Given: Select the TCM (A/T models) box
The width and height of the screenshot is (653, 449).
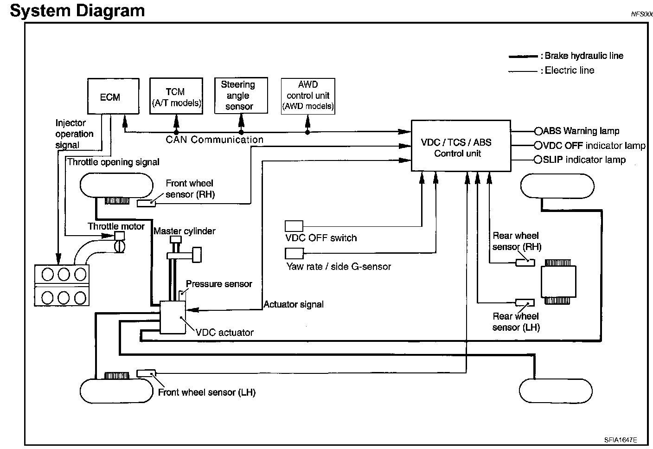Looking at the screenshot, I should pos(176,96).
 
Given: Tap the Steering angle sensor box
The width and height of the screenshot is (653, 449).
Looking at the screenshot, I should pos(241,96).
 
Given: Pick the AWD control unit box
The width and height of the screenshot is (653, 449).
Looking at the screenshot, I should pos(308,96).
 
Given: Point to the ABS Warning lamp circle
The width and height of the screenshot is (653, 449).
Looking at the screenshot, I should pos(538,131).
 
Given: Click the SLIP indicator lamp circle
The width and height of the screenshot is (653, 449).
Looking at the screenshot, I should pos(538,160).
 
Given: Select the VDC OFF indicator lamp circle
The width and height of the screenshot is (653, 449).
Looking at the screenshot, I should pos(538,146).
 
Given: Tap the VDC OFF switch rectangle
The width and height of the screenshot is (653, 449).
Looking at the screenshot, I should pos(294,226).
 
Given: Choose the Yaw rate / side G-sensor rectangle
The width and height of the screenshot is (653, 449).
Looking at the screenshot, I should pos(294,253).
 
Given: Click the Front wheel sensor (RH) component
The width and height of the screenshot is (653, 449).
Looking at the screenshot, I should pos(147,203).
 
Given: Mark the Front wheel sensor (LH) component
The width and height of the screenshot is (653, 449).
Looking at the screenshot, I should pos(147,373).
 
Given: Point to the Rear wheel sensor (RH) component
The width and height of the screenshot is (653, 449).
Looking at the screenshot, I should pos(525,263).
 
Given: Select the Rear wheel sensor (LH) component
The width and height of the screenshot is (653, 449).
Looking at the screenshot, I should pos(525,303).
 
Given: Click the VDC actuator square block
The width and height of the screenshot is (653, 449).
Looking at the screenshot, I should pos(173,317).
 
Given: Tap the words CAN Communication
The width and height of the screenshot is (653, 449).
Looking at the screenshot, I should pos(215,140).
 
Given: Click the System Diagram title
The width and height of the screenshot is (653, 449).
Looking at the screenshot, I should pos(77,10).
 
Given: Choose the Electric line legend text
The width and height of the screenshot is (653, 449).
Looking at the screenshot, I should pos(570,71).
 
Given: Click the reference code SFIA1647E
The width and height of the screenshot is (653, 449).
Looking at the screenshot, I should pos(620,439).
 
